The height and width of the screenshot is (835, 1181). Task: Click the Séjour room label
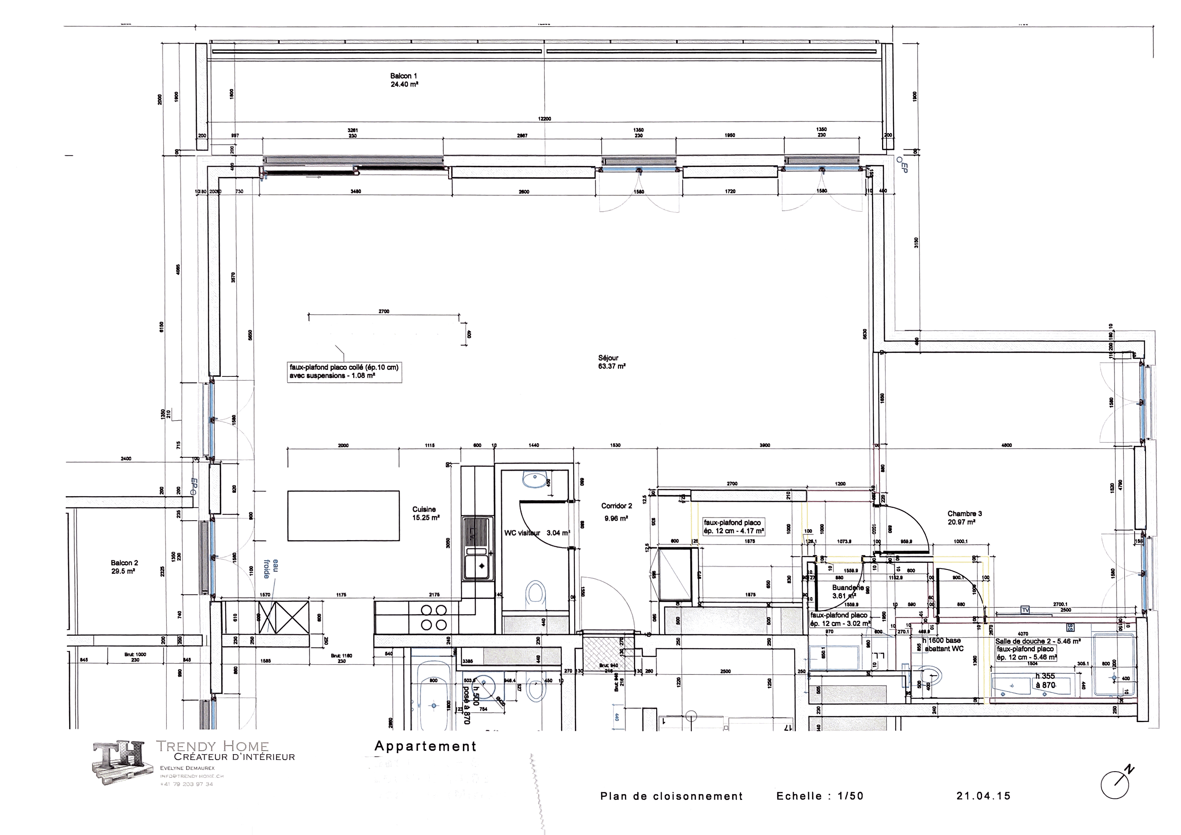coord(609,358)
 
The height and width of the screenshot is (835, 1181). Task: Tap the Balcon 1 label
coord(404,76)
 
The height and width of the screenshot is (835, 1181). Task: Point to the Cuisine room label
coord(424,510)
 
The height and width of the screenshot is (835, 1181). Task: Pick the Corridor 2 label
coord(617,506)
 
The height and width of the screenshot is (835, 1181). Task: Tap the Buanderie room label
coord(847,588)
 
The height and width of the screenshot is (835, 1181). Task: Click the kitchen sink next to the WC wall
coord(477,566)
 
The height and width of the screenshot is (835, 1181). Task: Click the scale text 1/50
coord(850,796)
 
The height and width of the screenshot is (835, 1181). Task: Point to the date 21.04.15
coord(984,796)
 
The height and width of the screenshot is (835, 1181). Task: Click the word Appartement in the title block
coord(426,746)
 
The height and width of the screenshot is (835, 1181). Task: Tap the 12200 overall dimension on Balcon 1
coord(545,119)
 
